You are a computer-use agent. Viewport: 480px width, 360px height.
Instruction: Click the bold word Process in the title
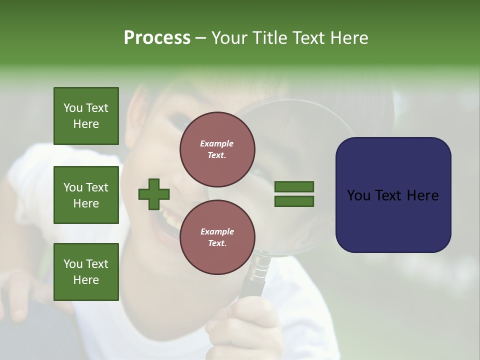tap(157, 38)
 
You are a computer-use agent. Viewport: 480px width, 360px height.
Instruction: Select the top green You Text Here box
tap(86, 116)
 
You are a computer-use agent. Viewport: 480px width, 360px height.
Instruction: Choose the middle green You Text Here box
tap(86, 195)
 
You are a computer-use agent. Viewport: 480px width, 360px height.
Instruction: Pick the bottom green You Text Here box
tap(86, 271)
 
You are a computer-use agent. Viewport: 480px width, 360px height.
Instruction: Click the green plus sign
tap(154, 194)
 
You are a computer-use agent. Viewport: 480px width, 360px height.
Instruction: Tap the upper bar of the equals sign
tap(294, 186)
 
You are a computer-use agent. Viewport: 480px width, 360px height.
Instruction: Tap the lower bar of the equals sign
tap(294, 201)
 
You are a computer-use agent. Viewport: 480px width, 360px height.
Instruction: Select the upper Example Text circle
tap(217, 149)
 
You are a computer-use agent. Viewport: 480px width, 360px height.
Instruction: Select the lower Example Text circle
tap(217, 237)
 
